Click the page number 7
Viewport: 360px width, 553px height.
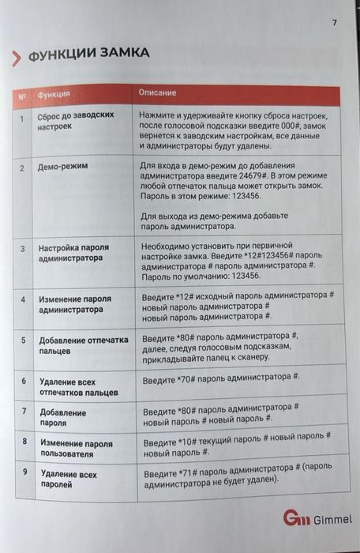click(334, 21)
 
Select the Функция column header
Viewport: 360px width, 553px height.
click(54, 94)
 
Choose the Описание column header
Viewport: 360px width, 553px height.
click(157, 92)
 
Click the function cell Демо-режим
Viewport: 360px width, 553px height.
click(62, 167)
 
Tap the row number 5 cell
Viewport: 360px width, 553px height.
click(23, 340)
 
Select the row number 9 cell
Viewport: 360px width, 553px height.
click(25, 472)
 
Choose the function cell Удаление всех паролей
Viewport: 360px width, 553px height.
click(69, 480)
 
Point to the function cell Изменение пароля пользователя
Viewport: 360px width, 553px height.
click(76, 449)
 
